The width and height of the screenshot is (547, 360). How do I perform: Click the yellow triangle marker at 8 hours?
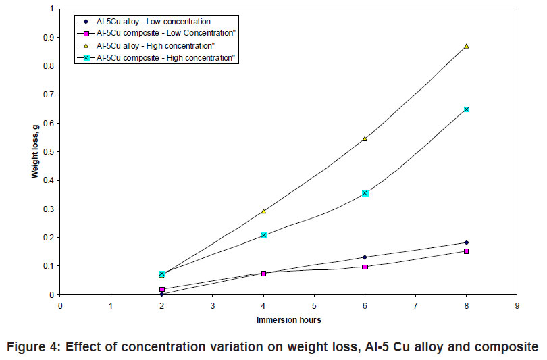click(466, 46)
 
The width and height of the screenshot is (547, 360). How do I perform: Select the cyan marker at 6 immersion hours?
click(365, 193)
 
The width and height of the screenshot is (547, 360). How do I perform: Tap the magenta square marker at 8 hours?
click(466, 251)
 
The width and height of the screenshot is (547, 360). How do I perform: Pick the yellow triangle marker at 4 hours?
click(263, 211)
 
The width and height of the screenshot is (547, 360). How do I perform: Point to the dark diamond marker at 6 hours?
click(365, 257)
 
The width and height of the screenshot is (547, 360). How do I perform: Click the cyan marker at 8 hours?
click(466, 109)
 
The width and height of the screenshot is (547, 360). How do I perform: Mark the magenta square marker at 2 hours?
click(162, 289)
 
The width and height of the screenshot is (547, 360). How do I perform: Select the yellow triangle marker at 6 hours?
click(365, 138)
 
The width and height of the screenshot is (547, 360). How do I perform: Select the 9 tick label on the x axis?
click(517, 306)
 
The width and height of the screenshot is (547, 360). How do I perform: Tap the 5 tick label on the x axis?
click(314, 306)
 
